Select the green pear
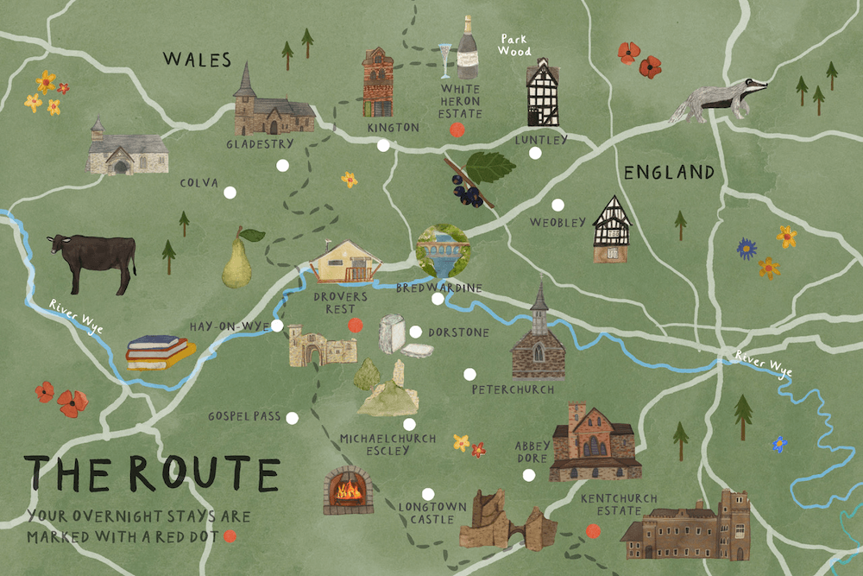(x=237, y=263)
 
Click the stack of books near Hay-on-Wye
(x=159, y=352)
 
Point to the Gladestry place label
(x=260, y=143)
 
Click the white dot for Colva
(x=229, y=193)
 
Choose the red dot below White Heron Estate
(x=457, y=130)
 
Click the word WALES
(x=198, y=60)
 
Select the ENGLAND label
(x=669, y=173)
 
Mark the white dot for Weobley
(x=557, y=206)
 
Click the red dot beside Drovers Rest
(x=353, y=325)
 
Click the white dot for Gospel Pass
(x=292, y=418)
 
